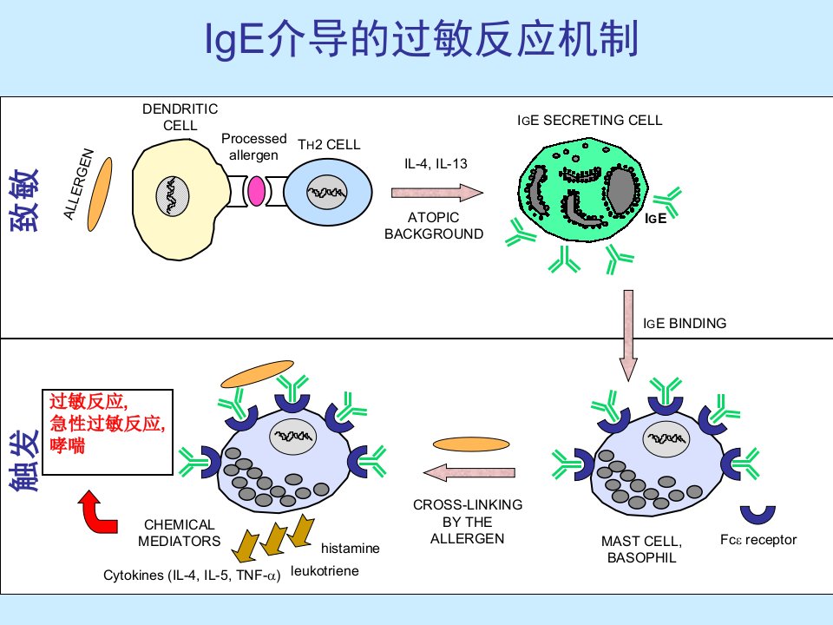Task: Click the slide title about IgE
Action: pos(422,39)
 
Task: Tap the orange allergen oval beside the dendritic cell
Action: pos(100,194)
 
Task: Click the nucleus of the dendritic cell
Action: pos(172,195)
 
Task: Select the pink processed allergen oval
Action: pos(257,191)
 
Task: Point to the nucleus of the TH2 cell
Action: pos(327,192)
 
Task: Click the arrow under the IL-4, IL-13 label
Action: pos(437,193)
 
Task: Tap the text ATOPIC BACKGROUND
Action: pos(434,226)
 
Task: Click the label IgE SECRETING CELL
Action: pos(590,120)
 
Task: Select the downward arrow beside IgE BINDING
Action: pos(628,335)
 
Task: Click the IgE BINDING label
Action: pos(685,323)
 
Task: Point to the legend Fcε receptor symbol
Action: pos(758,515)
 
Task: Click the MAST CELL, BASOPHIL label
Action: pos(642,549)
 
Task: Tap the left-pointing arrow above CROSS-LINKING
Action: pos(469,472)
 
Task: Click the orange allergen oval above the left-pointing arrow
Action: pos(471,444)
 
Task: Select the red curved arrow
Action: pos(98,512)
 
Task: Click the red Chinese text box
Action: pos(108,431)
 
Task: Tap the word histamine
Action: pos(350,548)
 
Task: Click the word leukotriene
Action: pos(325,571)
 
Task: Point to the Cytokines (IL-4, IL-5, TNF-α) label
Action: pos(192,576)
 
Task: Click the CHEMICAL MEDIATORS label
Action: pos(179,532)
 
